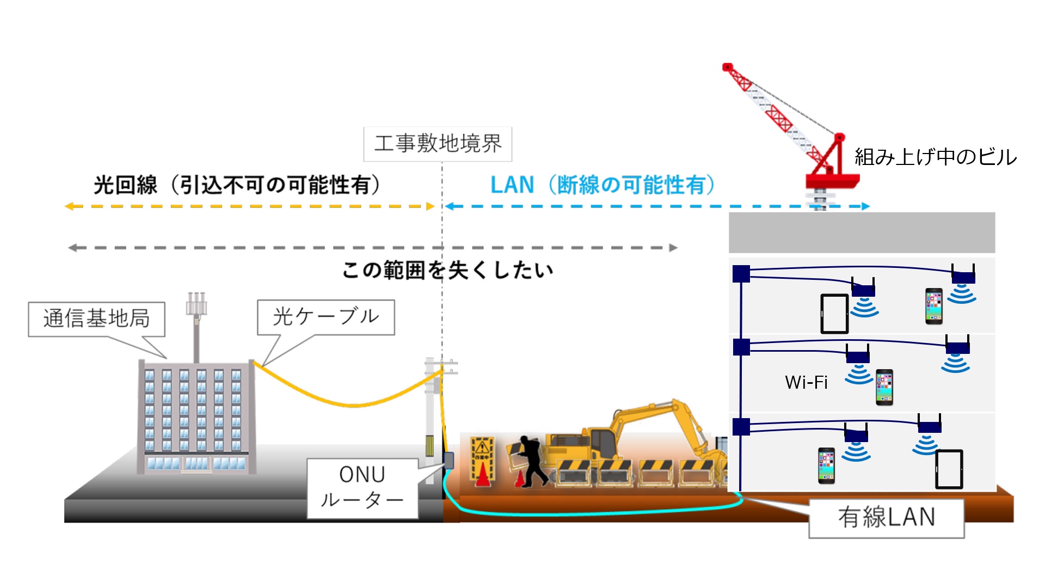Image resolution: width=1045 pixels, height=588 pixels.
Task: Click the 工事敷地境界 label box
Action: [x=438, y=144]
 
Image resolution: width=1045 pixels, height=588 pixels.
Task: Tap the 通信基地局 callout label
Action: [x=96, y=318]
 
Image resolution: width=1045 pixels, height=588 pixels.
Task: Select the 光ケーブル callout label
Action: [x=325, y=317]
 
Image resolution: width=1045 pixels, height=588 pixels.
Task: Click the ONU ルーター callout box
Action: [x=362, y=487]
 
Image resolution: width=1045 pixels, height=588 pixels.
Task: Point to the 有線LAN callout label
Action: [x=886, y=517]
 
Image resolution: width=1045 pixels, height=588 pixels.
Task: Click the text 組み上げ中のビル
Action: [x=935, y=157]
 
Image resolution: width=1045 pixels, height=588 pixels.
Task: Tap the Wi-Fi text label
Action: [x=806, y=382]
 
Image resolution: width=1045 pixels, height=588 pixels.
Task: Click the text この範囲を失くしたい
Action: [x=447, y=270]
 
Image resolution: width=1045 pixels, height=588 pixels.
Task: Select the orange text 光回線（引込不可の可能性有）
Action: [x=238, y=185]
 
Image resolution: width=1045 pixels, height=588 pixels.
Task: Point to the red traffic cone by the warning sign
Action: [x=482, y=475]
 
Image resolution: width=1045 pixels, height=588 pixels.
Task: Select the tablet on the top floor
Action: [x=834, y=314]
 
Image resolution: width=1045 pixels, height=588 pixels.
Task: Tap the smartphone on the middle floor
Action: [x=884, y=387]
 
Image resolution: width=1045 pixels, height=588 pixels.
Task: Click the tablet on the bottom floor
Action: [x=949, y=469]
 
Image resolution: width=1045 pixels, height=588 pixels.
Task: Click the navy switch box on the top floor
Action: [x=741, y=274]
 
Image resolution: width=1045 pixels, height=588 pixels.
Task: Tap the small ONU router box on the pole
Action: [x=448, y=461]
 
